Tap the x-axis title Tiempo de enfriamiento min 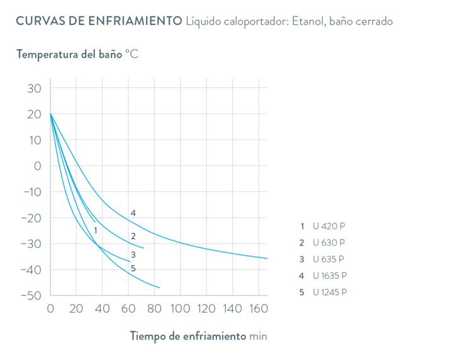pos(198,335)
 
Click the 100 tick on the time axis pos(180,309)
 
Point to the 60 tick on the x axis pos(128,309)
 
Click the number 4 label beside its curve pos(133,213)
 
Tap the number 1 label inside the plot pos(95,230)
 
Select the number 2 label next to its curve pos(133,237)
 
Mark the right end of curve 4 pos(268,258)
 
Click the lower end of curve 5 pos(160,288)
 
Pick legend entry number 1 pos(323,225)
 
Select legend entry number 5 pos(323,292)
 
